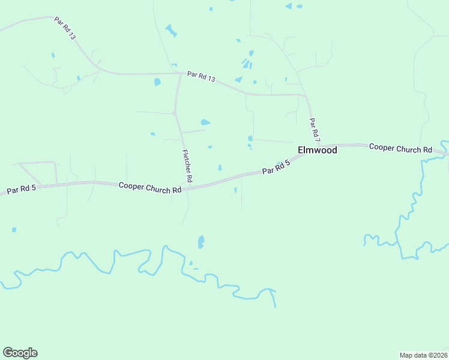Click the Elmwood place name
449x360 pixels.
pyautogui.click(x=318, y=150)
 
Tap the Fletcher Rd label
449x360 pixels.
pyautogui.click(x=187, y=166)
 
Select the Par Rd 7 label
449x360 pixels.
pyautogui.click(x=315, y=130)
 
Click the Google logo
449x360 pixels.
pyautogui.click(x=20, y=353)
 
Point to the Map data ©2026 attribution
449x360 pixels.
pyautogui.click(x=423, y=355)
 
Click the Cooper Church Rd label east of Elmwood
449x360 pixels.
pyautogui.click(x=400, y=148)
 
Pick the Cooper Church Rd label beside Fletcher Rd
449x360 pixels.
pyautogui.click(x=150, y=188)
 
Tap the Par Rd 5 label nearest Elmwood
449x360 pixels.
pyautogui.click(x=276, y=168)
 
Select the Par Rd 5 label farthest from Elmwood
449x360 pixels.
pyautogui.click(x=22, y=190)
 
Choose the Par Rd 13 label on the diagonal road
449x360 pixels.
pyautogui.click(x=65, y=28)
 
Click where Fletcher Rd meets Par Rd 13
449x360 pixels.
pyautogui.click(x=181, y=74)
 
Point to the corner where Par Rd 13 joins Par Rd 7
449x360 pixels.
pyautogui.click(x=306, y=95)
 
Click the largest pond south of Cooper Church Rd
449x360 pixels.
pyautogui.click(x=201, y=242)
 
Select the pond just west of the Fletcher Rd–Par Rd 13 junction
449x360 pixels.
pyautogui.click(x=157, y=82)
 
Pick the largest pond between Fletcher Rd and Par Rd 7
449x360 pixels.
pyautogui.click(x=205, y=122)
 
